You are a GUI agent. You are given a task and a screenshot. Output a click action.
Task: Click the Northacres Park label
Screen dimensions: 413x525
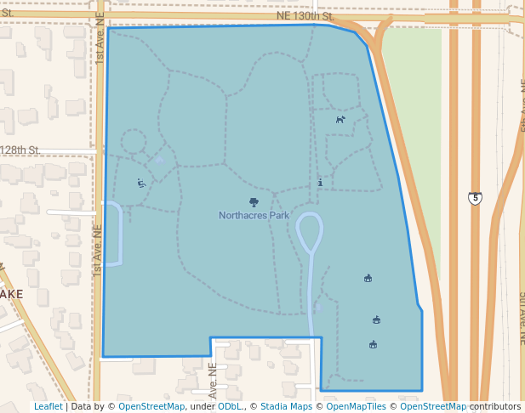click(254, 216)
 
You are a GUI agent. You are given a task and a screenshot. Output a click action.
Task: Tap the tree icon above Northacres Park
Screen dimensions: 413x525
click(254, 202)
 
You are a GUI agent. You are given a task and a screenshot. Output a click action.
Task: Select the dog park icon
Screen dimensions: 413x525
click(340, 120)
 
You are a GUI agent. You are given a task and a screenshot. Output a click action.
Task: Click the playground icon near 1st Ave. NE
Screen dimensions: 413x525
click(141, 183)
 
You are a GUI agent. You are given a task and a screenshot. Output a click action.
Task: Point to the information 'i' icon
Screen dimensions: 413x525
click(320, 182)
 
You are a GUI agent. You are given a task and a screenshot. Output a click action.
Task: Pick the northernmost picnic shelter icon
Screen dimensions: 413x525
click(368, 278)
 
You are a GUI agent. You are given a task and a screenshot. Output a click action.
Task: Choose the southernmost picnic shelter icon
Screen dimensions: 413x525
click(373, 344)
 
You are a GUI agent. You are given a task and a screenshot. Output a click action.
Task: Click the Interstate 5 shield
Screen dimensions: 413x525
click(474, 198)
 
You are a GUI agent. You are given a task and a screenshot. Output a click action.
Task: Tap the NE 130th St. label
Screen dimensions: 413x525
click(304, 16)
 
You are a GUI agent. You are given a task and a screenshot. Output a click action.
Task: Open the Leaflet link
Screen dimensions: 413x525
click(48, 406)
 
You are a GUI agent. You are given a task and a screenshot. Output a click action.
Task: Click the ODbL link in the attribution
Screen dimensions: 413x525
click(230, 406)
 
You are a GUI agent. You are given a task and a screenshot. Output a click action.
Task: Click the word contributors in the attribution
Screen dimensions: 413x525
click(495, 406)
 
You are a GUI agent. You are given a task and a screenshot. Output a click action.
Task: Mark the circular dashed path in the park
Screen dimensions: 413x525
click(134, 142)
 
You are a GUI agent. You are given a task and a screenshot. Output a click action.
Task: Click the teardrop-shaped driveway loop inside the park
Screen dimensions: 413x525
click(310, 230)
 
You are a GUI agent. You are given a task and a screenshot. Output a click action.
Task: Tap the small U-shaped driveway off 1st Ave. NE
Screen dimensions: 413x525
click(114, 235)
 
